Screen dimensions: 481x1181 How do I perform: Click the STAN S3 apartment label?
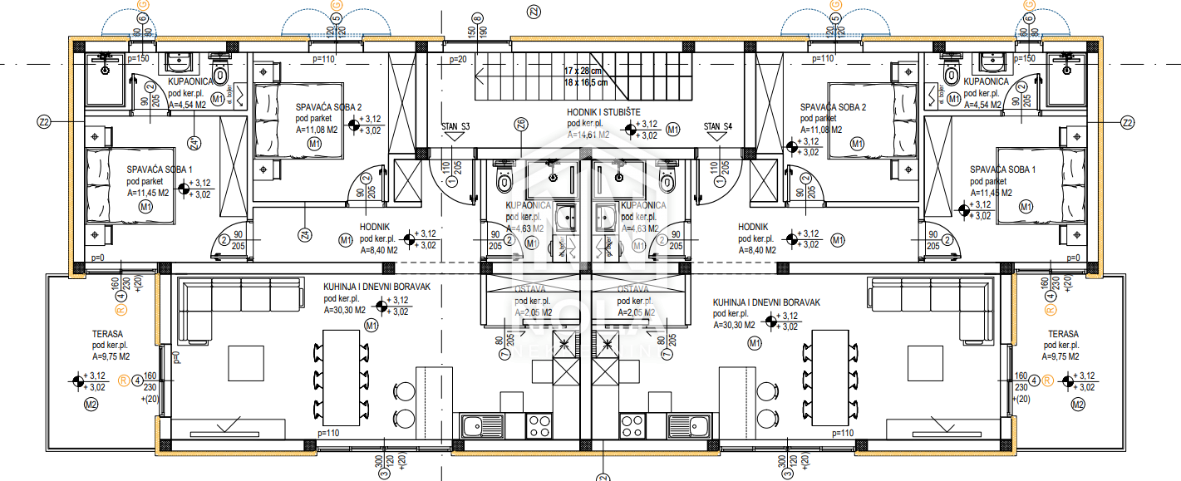[455, 127]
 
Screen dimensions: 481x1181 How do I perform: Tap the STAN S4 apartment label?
[717, 127]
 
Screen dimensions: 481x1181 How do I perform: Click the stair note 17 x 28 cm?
[585, 71]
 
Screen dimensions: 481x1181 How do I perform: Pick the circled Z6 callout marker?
[521, 125]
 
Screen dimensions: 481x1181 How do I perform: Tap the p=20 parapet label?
[458, 60]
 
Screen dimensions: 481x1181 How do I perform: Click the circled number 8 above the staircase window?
[477, 17]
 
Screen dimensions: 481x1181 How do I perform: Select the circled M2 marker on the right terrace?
[1078, 405]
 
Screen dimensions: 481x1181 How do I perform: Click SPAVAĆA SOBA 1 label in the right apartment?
[1002, 169]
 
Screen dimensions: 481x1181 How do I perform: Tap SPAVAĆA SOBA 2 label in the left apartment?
[329, 107]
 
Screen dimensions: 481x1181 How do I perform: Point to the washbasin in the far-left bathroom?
[179, 64]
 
